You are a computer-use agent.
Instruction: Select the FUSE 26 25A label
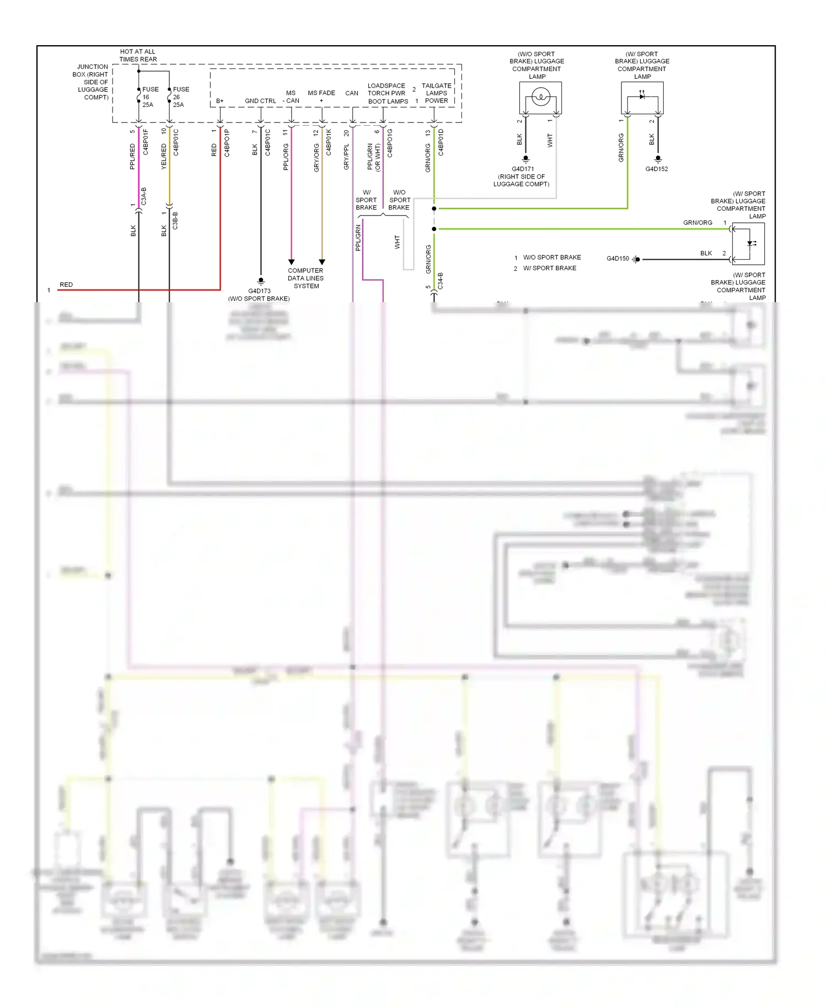[x=180, y=96]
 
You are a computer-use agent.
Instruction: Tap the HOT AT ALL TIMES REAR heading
[x=138, y=55]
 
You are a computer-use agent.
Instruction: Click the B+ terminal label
[x=220, y=101]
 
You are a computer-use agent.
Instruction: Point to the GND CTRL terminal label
[x=260, y=101]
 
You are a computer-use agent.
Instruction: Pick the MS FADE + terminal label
[x=321, y=96]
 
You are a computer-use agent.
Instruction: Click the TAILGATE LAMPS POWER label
[x=436, y=93]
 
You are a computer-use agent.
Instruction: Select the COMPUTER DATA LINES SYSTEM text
[x=306, y=278]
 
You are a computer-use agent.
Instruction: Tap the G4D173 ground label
[x=259, y=291]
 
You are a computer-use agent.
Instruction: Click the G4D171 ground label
[x=523, y=169]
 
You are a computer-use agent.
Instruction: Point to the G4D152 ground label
[x=657, y=169]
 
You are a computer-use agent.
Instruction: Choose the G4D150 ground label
[x=617, y=259]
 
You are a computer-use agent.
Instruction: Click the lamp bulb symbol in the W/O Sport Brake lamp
[x=541, y=98]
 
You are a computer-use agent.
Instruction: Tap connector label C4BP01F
[x=146, y=142]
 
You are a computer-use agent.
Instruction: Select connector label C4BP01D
[x=441, y=142]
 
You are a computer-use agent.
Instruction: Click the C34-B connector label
[x=440, y=281]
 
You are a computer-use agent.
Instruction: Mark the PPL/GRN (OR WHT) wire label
[x=374, y=157]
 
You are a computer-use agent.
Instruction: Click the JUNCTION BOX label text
[x=92, y=82]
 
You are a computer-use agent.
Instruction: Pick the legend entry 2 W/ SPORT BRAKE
[x=545, y=268]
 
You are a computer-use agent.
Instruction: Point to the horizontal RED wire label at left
[x=66, y=285]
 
